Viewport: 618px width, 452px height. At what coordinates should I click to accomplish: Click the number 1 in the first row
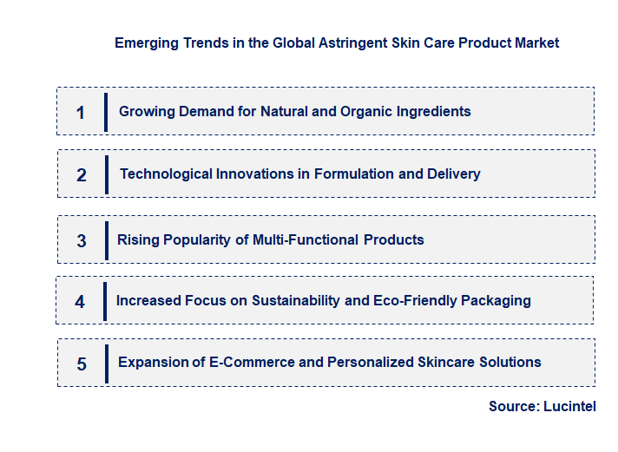point(81,112)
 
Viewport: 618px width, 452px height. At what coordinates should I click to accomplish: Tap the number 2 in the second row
point(82,174)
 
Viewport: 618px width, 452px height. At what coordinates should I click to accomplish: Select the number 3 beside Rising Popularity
point(82,240)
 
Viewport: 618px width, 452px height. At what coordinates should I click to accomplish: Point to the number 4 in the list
point(80,302)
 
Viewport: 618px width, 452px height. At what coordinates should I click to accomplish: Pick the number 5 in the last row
point(82,364)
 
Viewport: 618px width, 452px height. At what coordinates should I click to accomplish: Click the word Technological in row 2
point(163,174)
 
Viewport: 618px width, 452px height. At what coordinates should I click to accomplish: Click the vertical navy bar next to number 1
point(106,112)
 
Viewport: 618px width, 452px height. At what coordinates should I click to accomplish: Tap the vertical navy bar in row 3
point(106,239)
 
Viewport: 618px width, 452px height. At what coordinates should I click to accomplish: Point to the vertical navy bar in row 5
point(106,363)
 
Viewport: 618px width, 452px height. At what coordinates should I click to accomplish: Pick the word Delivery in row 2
point(453,174)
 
